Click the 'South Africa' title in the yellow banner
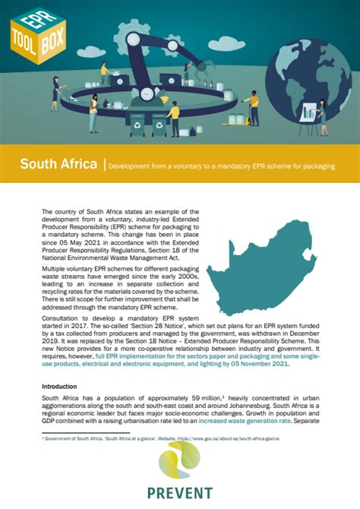coord(58,164)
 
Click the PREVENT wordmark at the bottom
coord(180,493)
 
